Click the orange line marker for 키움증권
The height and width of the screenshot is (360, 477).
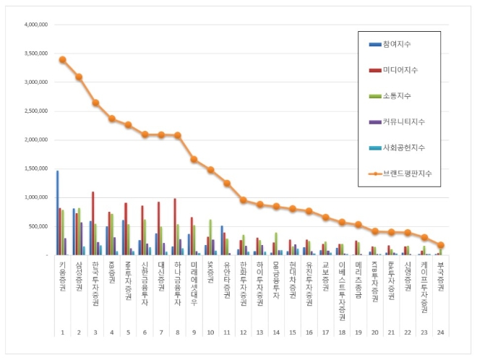(x=62, y=59)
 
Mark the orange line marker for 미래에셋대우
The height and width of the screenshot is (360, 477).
(x=194, y=159)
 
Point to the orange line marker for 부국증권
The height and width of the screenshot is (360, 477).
(x=441, y=245)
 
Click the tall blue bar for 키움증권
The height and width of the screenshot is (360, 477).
(x=57, y=213)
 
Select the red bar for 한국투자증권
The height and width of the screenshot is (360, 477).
(x=93, y=223)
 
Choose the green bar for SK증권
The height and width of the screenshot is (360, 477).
(x=210, y=237)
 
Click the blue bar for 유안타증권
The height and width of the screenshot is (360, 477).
(x=222, y=240)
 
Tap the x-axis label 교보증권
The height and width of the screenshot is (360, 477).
(x=325, y=276)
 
